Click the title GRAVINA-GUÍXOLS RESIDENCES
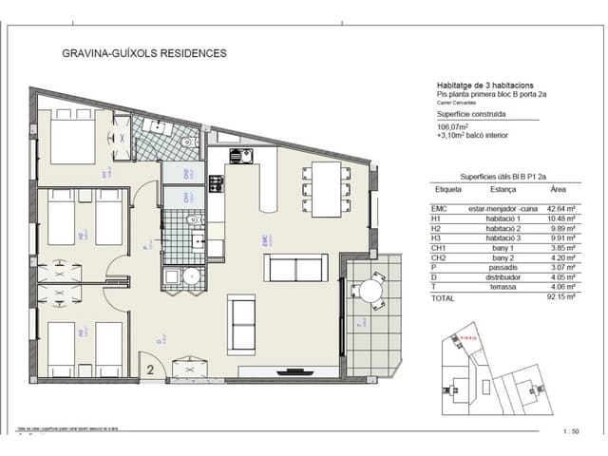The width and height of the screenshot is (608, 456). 143,53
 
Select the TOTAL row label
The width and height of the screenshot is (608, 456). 444,297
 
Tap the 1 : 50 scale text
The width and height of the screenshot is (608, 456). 570,429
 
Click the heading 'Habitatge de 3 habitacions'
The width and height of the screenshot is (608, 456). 485,83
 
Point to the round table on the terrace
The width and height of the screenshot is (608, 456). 370,289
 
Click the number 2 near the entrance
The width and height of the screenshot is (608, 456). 151,360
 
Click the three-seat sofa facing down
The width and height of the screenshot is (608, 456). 298,267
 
